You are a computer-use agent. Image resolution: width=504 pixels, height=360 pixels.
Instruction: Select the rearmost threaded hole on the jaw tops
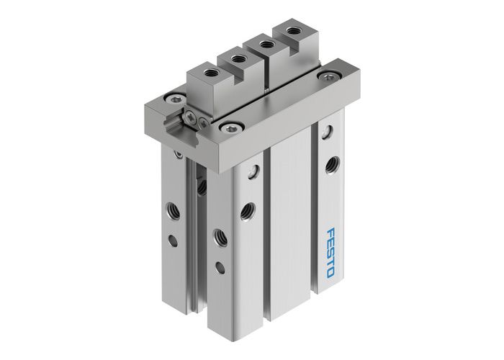290,31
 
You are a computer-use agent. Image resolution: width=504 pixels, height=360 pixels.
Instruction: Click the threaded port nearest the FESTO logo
332,165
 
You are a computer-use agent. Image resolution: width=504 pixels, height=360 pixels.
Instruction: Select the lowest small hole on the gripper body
220,268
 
